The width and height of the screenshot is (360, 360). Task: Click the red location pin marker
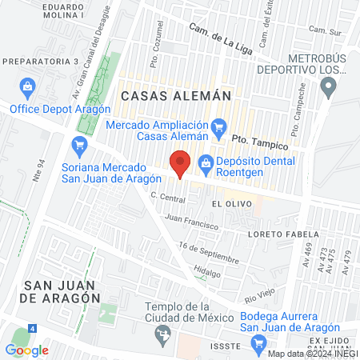point(180,164)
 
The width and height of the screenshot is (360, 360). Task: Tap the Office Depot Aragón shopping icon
point(27,86)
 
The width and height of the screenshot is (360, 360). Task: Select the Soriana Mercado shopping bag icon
point(78,145)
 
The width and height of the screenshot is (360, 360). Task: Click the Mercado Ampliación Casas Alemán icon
point(218,126)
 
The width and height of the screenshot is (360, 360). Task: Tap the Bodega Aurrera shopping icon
point(258,344)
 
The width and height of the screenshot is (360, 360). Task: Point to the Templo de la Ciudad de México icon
point(165,333)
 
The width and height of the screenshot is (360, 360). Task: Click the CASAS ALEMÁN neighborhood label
point(175,95)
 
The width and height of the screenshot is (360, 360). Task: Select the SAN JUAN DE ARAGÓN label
point(62,291)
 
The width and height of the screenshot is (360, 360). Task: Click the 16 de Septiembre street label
point(209,254)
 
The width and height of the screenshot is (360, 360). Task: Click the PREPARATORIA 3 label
point(41,61)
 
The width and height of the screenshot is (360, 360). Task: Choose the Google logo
point(26,350)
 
